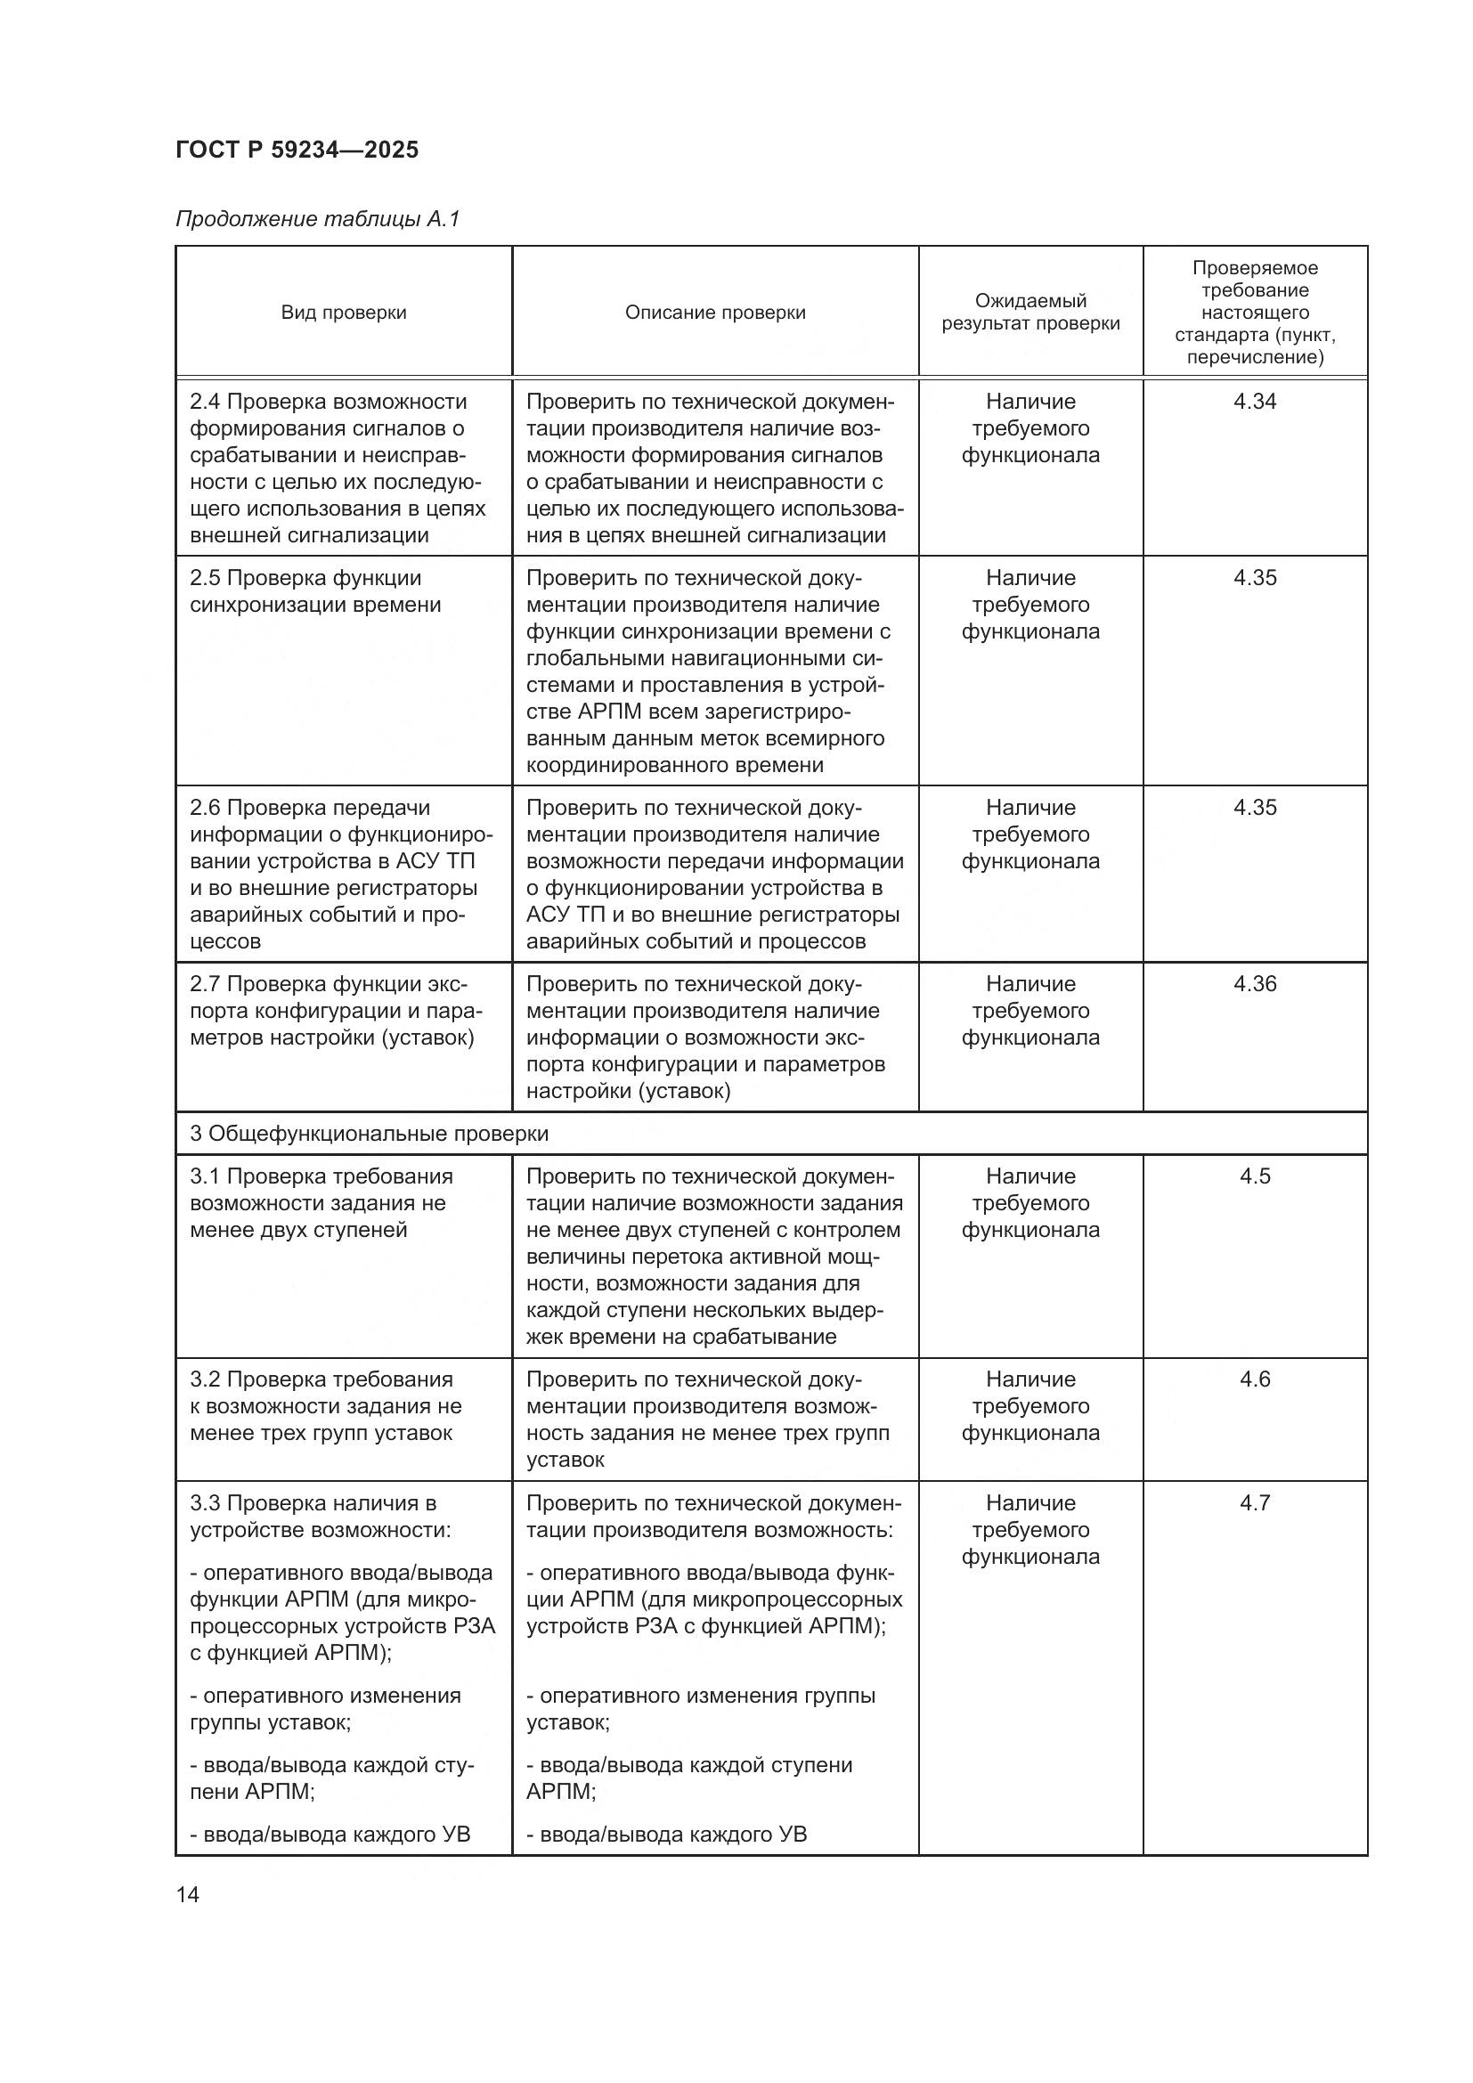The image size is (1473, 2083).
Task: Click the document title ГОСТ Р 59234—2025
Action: (297, 151)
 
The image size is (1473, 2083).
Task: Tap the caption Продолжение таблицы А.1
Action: (317, 219)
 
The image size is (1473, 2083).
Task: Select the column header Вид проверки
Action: (343, 312)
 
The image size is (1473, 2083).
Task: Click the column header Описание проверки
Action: (715, 312)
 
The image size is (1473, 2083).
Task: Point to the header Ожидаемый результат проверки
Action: (1030, 312)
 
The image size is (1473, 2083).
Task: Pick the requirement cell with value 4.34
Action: (1255, 401)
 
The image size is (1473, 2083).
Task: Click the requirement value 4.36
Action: (1255, 983)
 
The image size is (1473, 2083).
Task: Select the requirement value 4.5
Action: (1255, 1176)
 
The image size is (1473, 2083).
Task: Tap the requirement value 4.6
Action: (1255, 1379)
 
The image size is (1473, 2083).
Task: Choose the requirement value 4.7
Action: (1255, 1502)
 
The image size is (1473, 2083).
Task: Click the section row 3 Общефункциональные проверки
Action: (370, 1133)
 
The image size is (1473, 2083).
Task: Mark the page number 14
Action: (188, 1894)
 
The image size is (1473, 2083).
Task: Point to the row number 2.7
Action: (205, 984)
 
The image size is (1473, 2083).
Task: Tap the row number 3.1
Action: (205, 1176)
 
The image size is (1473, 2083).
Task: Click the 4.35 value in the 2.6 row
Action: (1255, 808)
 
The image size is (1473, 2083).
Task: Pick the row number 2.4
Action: (205, 402)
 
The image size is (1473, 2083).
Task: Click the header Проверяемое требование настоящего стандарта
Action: (1255, 312)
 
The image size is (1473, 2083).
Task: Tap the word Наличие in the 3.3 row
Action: (1030, 1502)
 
